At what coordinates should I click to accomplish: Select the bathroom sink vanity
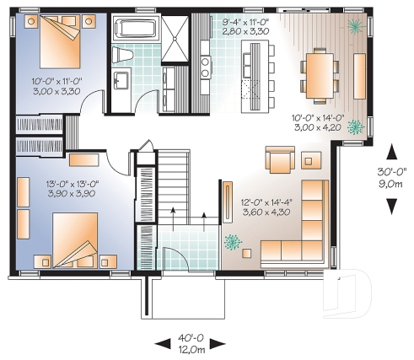click(x=121, y=83)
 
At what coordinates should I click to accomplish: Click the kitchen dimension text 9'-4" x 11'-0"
click(x=245, y=21)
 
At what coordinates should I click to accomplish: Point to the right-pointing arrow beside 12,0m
click(x=218, y=343)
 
